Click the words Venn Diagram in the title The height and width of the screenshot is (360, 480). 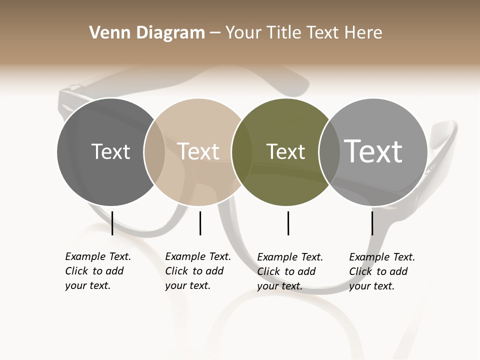(x=147, y=33)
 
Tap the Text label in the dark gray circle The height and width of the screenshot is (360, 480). (x=110, y=151)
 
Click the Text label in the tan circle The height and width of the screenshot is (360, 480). (x=198, y=151)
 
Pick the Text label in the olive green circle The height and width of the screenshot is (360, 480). (x=285, y=151)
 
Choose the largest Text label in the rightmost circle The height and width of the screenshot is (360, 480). (x=373, y=151)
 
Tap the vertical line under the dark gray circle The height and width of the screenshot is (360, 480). (x=112, y=223)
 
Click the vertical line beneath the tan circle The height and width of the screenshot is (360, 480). (x=200, y=223)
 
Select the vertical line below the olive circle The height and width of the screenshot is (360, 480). (x=288, y=223)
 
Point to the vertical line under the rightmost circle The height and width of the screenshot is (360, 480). (x=372, y=223)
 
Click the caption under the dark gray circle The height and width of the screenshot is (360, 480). (x=97, y=271)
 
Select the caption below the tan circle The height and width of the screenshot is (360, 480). (x=197, y=271)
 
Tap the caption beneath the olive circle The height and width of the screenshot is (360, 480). (x=289, y=271)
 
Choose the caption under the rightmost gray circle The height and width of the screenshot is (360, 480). (x=381, y=271)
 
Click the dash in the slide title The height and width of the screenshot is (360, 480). (x=215, y=33)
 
